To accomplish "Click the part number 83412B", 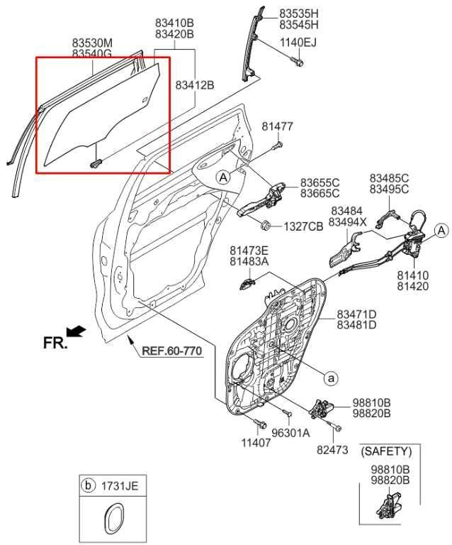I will (x=195, y=85).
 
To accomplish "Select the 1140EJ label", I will (x=298, y=42).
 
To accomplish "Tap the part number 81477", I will (x=277, y=127).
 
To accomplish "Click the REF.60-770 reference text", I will (x=173, y=350).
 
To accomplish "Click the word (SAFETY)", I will (x=385, y=451).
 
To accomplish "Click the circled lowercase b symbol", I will (x=89, y=486).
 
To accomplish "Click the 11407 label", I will (x=255, y=441).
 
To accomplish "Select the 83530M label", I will (x=92, y=43).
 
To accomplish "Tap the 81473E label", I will (x=249, y=251).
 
